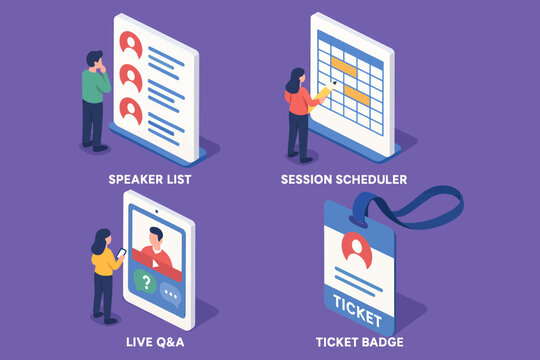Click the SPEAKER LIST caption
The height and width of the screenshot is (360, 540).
(149, 180)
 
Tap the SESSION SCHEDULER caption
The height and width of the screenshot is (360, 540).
(344, 180)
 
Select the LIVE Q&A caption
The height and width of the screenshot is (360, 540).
(149, 342)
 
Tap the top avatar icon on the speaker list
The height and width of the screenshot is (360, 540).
(130, 43)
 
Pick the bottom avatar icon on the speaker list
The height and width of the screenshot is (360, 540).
(130, 108)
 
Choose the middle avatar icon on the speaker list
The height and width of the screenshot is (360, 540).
(130, 76)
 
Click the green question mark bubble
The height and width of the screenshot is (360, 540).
(146, 283)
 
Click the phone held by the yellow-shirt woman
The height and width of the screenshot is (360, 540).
(122, 253)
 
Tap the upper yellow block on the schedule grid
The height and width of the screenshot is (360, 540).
(344, 67)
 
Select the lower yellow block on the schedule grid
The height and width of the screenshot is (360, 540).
(357, 92)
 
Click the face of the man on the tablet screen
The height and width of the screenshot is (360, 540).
(152, 239)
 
